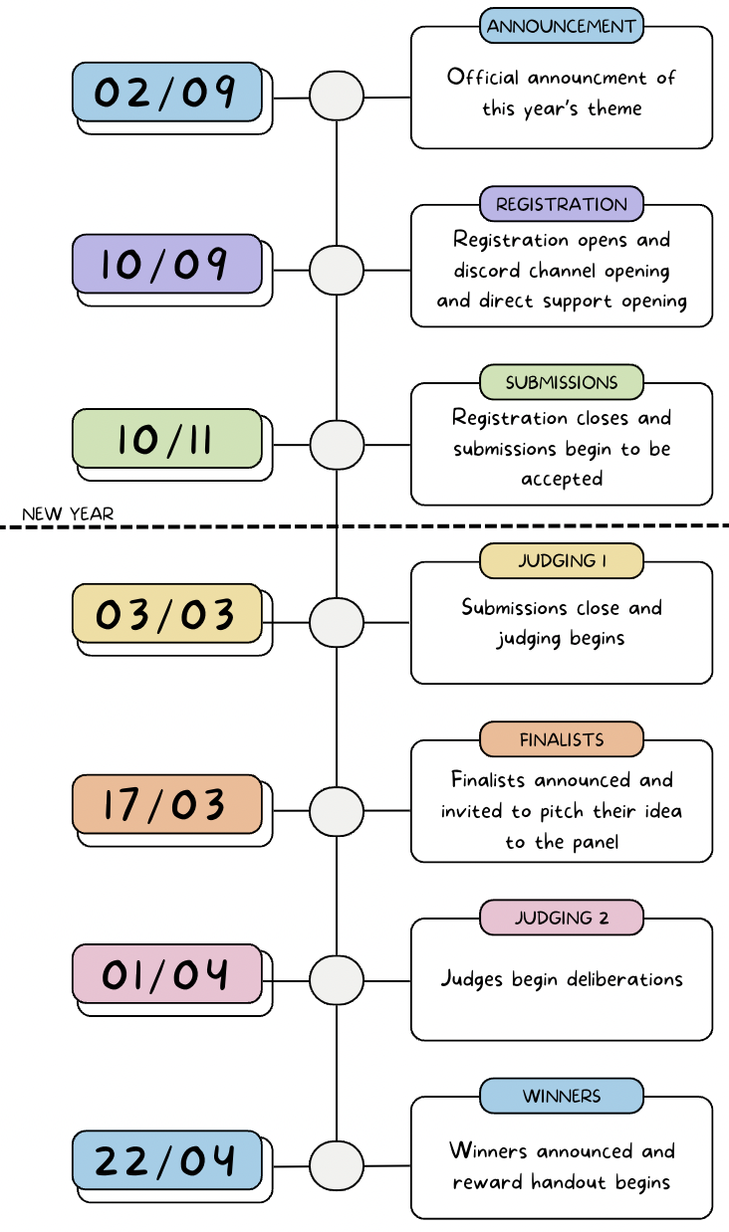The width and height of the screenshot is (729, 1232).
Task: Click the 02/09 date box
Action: [166, 93]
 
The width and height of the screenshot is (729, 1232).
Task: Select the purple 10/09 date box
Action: [166, 265]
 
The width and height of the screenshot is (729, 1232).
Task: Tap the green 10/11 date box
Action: [166, 439]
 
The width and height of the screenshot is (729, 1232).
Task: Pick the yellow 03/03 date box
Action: [166, 614]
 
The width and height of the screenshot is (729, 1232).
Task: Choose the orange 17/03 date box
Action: [166, 804]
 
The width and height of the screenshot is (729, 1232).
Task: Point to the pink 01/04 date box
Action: [166, 973]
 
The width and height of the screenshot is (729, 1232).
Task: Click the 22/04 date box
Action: [166, 1160]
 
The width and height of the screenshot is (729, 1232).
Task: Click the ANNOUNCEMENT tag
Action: [562, 26]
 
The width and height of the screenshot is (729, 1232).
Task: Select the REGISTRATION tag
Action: [562, 204]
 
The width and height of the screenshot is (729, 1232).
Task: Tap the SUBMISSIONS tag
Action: [562, 382]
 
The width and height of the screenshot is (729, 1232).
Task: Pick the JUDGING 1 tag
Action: [562, 560]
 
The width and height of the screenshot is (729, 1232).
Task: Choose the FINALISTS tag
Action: [562, 739]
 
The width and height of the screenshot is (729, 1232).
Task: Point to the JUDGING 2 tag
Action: [562, 918]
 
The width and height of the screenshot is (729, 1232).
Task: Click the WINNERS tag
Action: [562, 1096]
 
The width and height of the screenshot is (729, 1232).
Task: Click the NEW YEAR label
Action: [68, 514]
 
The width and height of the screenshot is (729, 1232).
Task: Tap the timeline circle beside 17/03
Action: [337, 811]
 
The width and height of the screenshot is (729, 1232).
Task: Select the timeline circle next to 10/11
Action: [337, 445]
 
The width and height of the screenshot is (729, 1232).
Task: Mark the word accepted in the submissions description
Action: [562, 480]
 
